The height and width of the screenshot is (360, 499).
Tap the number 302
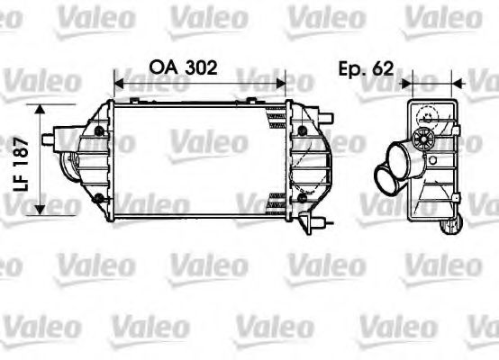tap(199, 67)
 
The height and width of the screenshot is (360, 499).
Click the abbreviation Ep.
tap(350, 67)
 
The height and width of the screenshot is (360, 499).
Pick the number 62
tap(381, 67)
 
